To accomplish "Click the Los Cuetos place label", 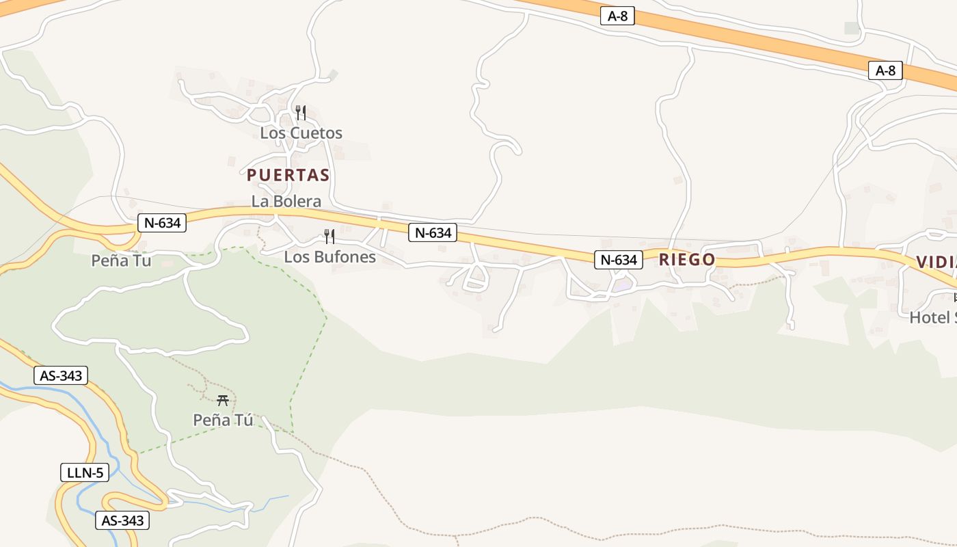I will coord(301,133).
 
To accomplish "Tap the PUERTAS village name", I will coord(288,175).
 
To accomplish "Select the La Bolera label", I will coord(286,201).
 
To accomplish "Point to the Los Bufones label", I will coord(329,257).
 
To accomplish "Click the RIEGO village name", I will coord(686,260).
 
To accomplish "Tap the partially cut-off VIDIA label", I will coord(936,262).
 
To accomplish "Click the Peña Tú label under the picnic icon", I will coord(223,420).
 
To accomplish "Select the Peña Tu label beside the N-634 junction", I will coord(121,261).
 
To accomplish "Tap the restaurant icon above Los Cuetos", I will coord(300,112).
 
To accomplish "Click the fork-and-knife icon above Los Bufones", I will coord(329,237).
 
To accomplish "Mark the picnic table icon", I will coord(222,400).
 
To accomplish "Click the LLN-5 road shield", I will coord(85,472).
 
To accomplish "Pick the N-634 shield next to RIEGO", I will coord(619,260).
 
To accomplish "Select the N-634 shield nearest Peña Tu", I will coord(162,222).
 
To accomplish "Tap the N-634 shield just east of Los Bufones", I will coord(433,232).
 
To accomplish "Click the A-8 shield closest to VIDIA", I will coord(885,70).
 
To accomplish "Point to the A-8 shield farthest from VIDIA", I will coord(617,16).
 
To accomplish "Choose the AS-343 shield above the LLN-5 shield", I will coord(61,375).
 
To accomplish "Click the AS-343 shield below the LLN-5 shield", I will coord(122,520).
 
